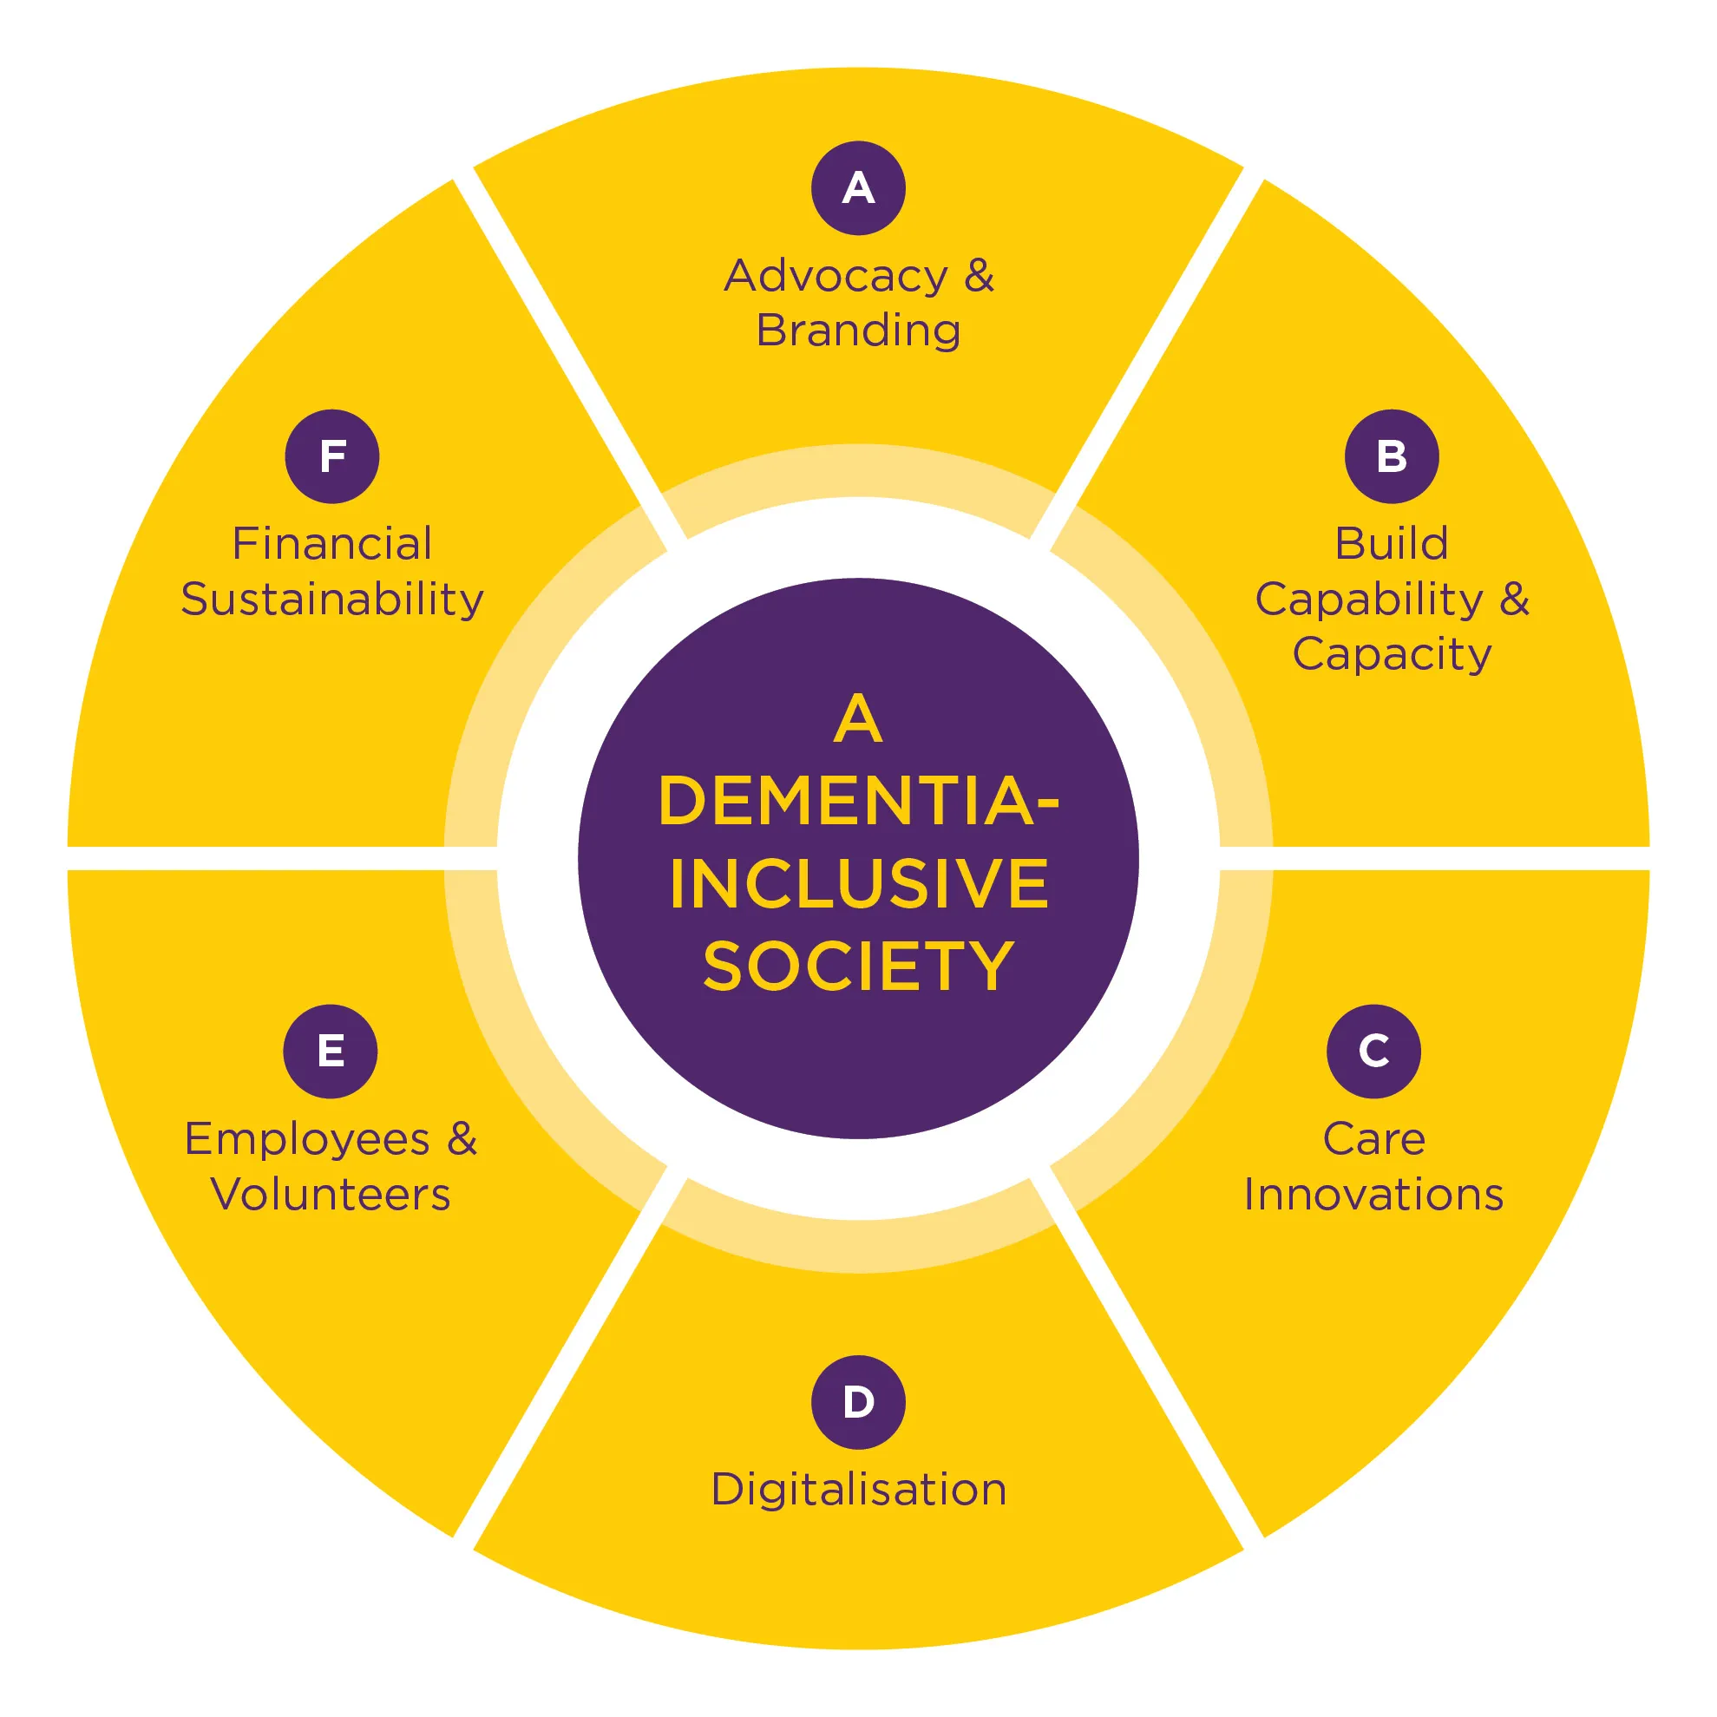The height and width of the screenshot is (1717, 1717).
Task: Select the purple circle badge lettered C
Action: tap(1373, 1052)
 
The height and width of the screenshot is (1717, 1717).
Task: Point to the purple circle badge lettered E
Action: tap(331, 1052)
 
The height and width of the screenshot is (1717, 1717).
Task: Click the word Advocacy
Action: tap(836, 277)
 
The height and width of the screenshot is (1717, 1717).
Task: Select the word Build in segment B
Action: tap(1391, 544)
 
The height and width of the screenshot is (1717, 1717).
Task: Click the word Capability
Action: tap(1368, 599)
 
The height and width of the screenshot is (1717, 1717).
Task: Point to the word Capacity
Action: tap(1392, 655)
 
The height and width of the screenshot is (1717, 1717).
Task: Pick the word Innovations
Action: tap(1373, 1195)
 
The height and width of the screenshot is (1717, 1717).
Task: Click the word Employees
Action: tap(306, 1140)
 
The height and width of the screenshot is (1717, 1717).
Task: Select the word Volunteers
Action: tap(331, 1195)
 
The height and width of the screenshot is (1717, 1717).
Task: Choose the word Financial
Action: tap(331, 544)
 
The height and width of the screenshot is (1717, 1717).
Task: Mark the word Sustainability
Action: tap(331, 599)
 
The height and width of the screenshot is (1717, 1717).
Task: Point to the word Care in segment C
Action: tap(1373, 1139)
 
